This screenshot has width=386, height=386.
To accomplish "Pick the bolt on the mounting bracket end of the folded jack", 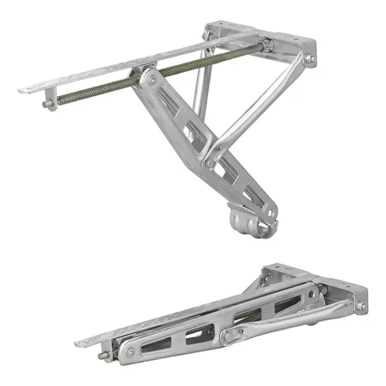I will (359, 307).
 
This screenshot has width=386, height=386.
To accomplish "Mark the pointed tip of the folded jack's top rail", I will (78, 344).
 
